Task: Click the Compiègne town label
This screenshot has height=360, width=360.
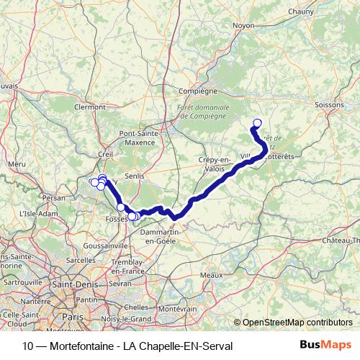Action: pos(197,91)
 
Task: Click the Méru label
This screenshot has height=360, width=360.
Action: pos(17,164)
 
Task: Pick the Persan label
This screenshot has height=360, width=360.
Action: pos(54,197)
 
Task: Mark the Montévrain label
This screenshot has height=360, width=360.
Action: pos(177,308)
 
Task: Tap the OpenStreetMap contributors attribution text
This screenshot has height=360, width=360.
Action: pos(297,323)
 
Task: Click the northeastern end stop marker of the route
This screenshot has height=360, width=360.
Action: pos(257,122)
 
